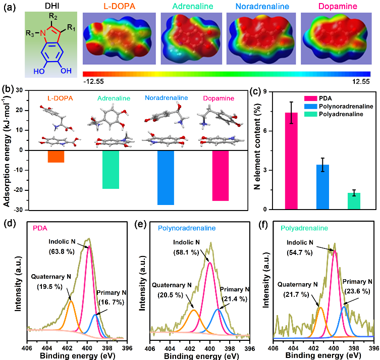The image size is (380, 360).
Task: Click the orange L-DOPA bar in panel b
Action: pyautogui.click(x=56, y=157)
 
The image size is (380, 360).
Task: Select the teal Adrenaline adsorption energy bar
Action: pyautogui.click(x=111, y=170)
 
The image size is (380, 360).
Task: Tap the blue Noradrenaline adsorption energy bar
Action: pyautogui.click(x=166, y=178)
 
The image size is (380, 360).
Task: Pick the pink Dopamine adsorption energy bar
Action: pyautogui.click(x=221, y=176)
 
